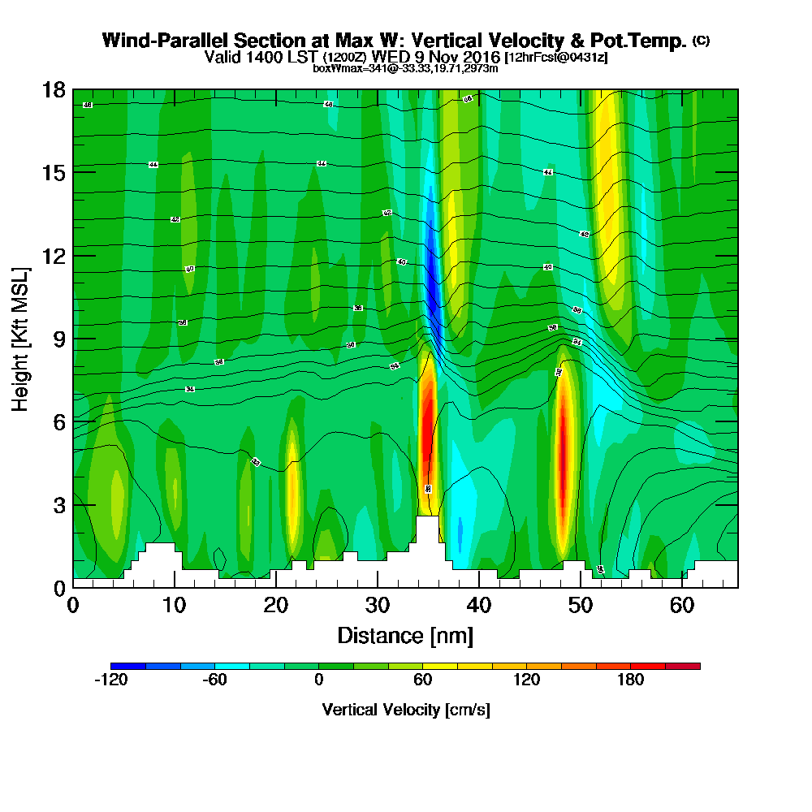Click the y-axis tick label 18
click(53, 89)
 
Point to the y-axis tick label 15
click(53, 172)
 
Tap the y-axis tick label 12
click(53, 256)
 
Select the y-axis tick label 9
click(58, 339)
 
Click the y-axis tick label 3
click(58, 504)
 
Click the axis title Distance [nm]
click(405, 635)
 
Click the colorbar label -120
click(110, 680)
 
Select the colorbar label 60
click(422, 680)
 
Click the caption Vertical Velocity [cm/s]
click(406, 710)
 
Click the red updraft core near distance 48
click(562, 463)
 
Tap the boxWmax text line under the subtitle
click(405, 68)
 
